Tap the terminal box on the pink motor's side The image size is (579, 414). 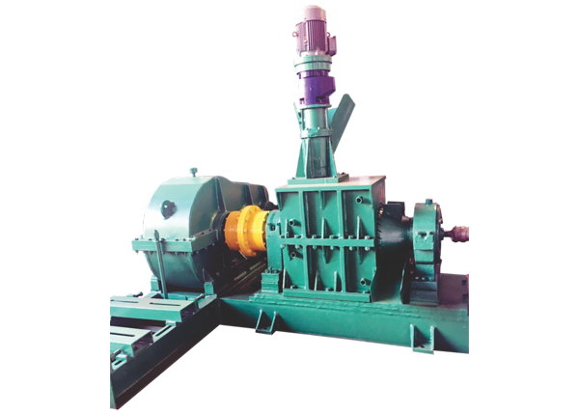(x=330, y=40)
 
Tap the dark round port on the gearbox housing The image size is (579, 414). (x=168, y=207)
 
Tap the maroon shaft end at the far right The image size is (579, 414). (x=460, y=233)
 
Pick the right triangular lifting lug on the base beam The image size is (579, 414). (x=421, y=338)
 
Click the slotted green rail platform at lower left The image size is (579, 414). (x=145, y=338)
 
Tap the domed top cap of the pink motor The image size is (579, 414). (x=311, y=12)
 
